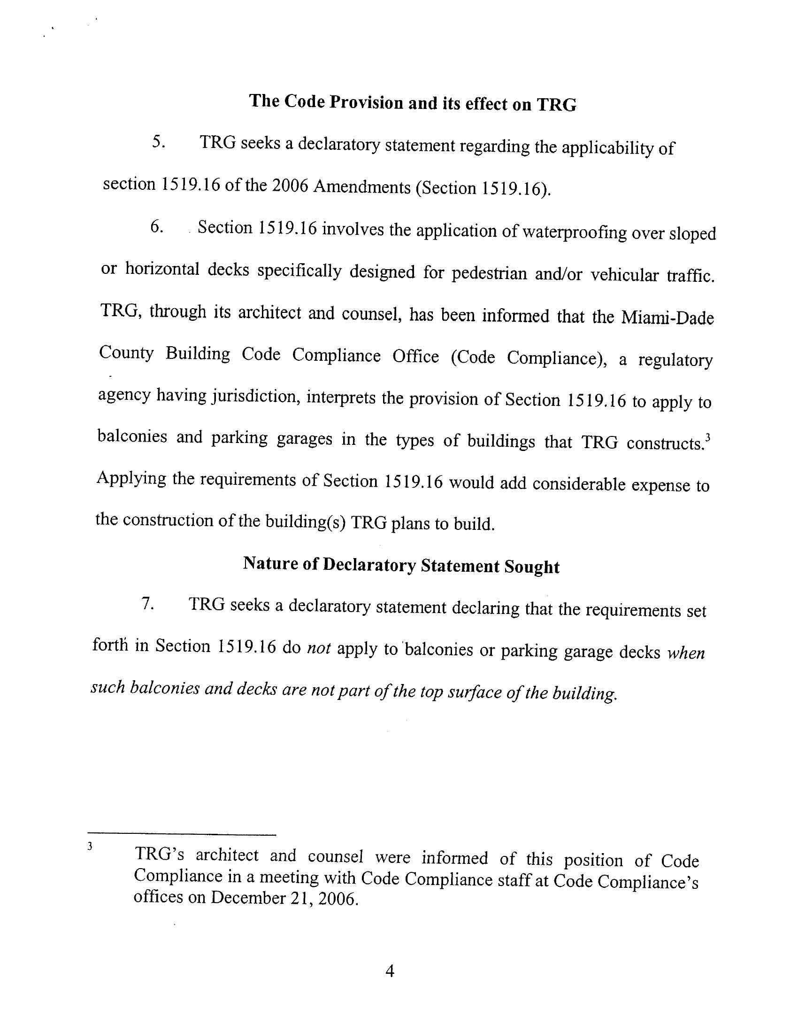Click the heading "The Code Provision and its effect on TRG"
click(413, 102)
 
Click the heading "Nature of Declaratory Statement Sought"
click(401, 565)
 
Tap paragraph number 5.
click(159, 142)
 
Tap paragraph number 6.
click(157, 227)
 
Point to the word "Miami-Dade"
click(667, 318)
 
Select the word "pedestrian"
click(489, 273)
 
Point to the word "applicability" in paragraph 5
click(606, 148)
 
